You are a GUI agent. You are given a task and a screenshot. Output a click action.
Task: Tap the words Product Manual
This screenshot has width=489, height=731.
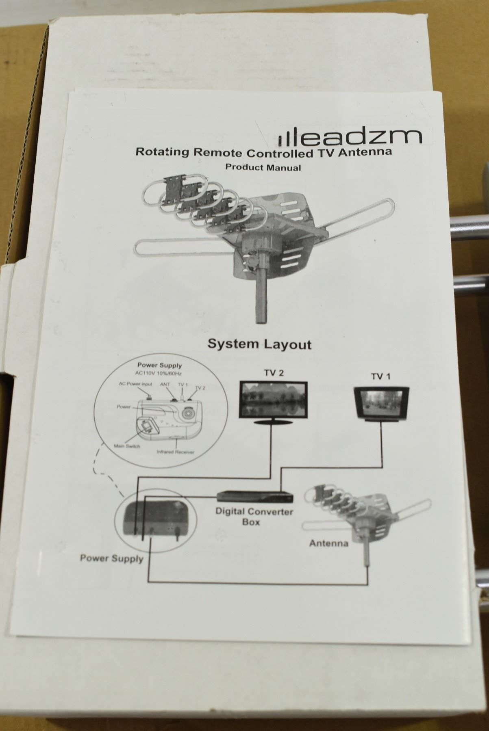(263, 167)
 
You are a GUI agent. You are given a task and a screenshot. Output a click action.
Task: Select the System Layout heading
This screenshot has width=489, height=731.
(259, 344)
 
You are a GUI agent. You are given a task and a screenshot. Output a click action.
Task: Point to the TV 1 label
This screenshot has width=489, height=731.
(380, 376)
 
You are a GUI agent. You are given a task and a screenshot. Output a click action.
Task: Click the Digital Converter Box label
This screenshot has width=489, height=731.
(254, 516)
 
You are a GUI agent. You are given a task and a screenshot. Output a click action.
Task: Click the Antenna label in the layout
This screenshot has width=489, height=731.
(329, 543)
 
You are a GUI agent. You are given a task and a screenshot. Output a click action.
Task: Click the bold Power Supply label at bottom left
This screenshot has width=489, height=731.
(111, 558)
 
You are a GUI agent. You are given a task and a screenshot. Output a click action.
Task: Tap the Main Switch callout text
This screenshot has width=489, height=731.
(127, 447)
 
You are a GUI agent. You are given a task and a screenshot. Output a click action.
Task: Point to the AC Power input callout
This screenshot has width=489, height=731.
(135, 384)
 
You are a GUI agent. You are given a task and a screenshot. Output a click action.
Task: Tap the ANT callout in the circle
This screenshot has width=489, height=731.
(165, 384)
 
